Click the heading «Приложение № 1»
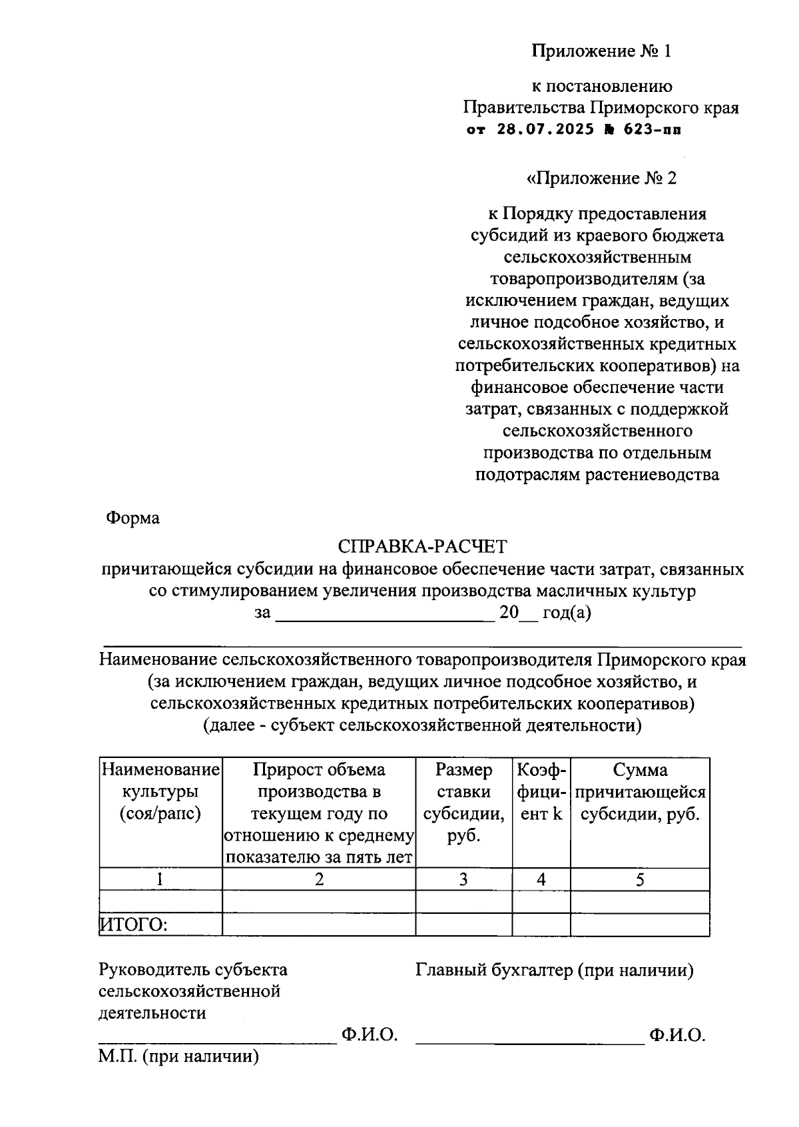point(601,51)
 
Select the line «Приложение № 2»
point(601,178)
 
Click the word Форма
point(133,518)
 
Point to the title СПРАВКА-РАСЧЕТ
point(422,547)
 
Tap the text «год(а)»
point(567,613)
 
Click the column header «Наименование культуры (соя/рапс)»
point(160,791)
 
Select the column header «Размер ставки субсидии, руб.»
point(463,803)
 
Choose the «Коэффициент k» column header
point(541,791)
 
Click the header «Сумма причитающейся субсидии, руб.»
point(639,791)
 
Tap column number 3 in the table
point(463,879)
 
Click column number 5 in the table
point(639,879)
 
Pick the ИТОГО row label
point(133,925)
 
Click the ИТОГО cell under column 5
point(639,925)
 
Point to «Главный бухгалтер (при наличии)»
point(554,970)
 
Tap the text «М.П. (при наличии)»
point(178,1056)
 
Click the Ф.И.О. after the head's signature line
point(370,1034)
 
